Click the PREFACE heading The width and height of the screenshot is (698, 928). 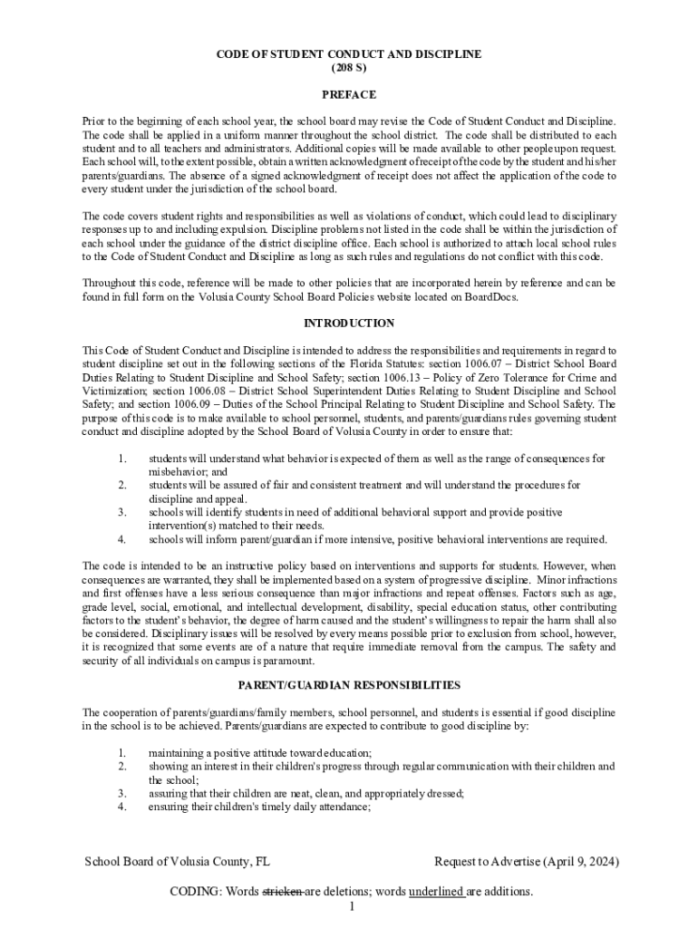click(x=349, y=94)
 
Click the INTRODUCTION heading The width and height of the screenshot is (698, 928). click(x=349, y=323)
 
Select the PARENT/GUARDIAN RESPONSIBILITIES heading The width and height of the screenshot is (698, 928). click(x=349, y=684)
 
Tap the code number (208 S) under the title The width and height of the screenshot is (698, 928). click(x=349, y=68)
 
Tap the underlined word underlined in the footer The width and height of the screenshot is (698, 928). click(x=437, y=891)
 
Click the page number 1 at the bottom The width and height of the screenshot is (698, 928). click(x=350, y=906)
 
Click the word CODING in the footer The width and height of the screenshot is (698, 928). click(x=196, y=891)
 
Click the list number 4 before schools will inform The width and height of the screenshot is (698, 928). click(x=121, y=539)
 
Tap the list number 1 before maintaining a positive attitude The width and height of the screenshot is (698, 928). click(x=121, y=752)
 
